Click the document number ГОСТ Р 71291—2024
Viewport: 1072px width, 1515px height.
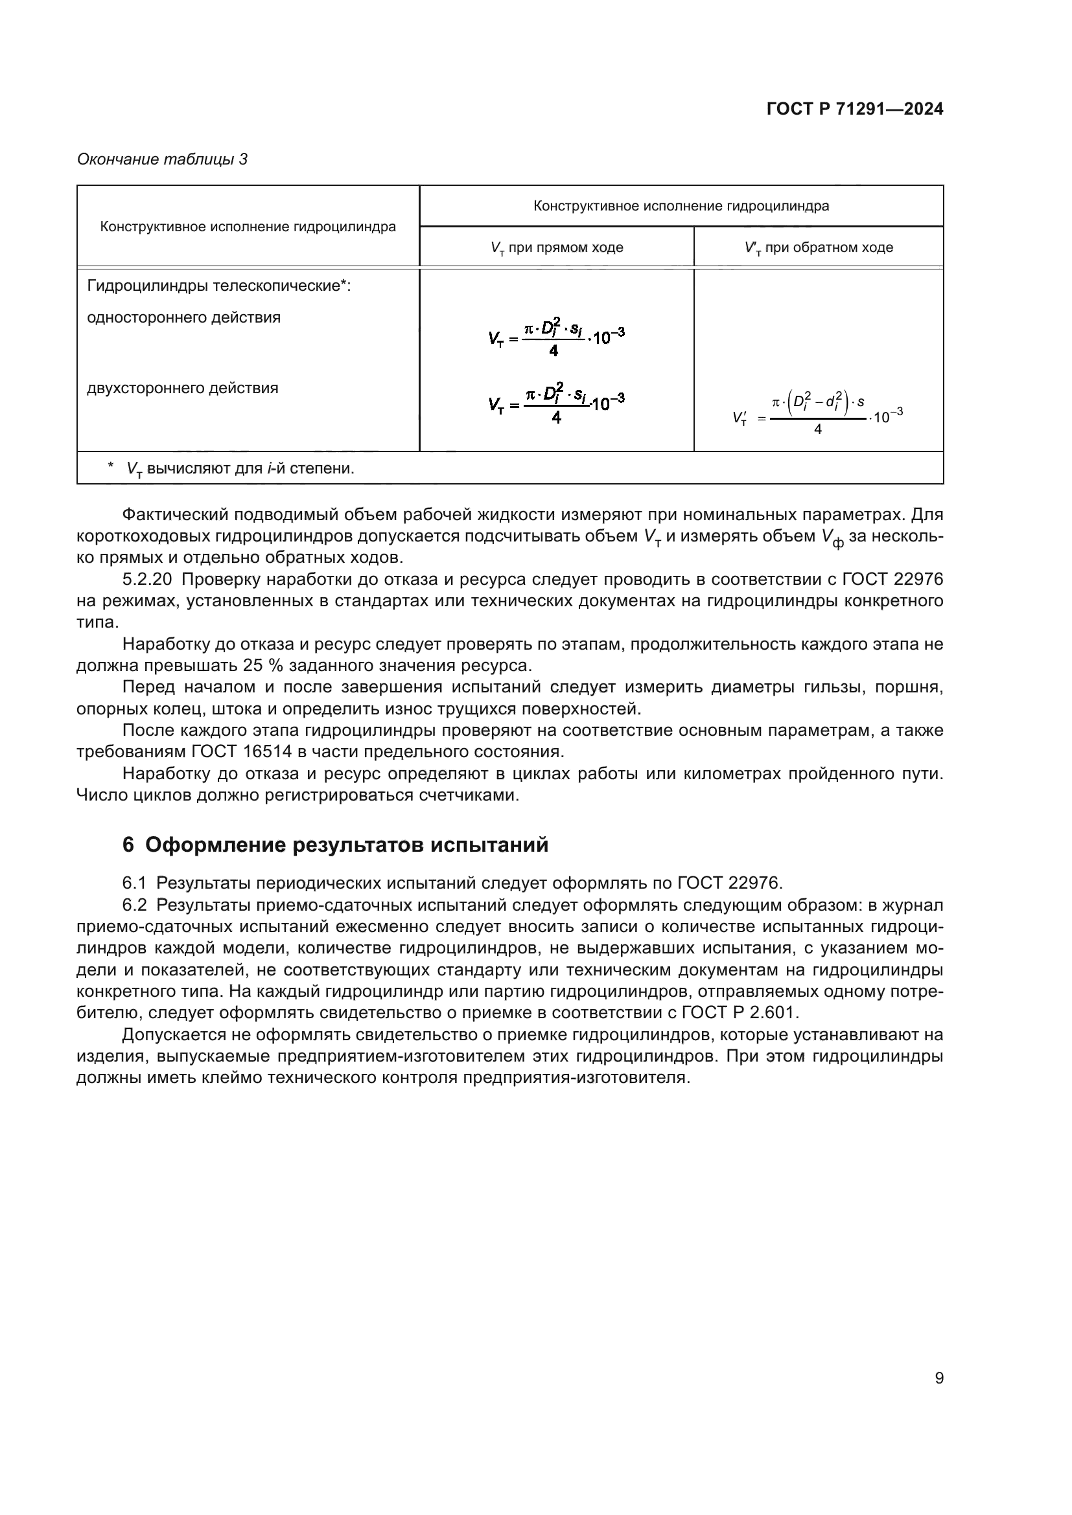pos(855,109)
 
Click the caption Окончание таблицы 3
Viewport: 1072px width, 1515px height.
pos(163,160)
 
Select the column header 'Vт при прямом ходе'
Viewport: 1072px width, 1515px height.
pos(557,248)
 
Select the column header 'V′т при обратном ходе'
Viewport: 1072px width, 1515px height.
pos(819,248)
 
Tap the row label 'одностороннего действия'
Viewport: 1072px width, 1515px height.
pos(183,318)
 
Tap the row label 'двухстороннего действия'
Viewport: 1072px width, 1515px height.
pos(183,388)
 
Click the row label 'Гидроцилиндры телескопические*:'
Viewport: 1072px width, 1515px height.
pos(218,286)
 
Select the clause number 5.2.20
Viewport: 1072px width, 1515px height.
pos(147,580)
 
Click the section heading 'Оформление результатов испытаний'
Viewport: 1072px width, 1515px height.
pos(347,845)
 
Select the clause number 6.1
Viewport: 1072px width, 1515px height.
pos(134,883)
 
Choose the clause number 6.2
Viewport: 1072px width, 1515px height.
pos(134,905)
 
